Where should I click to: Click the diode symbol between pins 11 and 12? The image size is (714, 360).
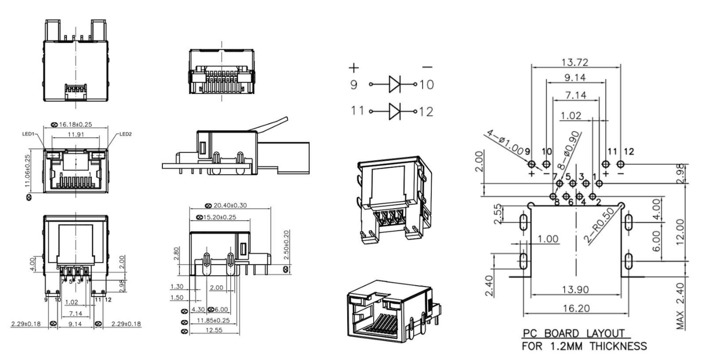395,109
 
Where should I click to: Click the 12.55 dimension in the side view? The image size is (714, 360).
211,331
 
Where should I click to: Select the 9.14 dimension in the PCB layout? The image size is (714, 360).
575,78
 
